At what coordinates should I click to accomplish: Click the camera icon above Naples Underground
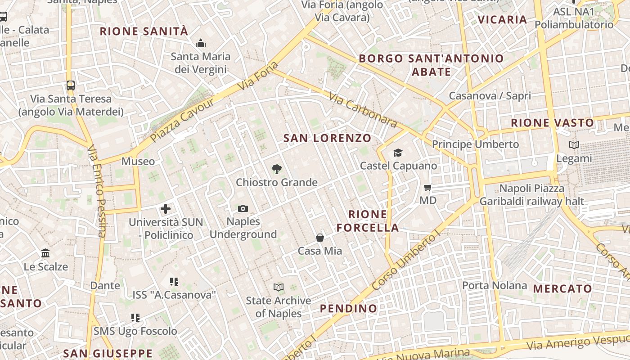click(243, 208)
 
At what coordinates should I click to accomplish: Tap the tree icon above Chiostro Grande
click(277, 169)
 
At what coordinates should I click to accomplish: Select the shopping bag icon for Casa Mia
click(320, 238)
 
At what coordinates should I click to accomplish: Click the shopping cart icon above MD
click(427, 187)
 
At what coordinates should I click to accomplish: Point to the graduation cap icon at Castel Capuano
click(398, 153)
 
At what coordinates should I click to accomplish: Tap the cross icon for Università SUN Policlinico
click(166, 209)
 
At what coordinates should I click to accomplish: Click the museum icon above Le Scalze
click(45, 253)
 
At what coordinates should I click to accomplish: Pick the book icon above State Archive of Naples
click(279, 287)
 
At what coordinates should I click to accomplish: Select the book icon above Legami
click(574, 145)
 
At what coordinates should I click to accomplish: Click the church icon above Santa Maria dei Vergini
click(200, 43)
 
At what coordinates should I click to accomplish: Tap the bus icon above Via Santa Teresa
click(70, 85)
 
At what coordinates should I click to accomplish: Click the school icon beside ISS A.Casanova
click(174, 282)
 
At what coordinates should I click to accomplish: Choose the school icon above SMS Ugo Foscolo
click(135, 318)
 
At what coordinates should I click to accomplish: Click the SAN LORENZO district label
click(327, 138)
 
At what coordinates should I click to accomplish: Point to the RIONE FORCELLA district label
click(368, 221)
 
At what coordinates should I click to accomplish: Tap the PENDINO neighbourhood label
click(348, 308)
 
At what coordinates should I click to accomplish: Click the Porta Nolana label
click(495, 285)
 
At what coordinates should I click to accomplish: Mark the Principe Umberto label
click(475, 144)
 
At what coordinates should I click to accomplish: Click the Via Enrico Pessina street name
click(97, 191)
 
